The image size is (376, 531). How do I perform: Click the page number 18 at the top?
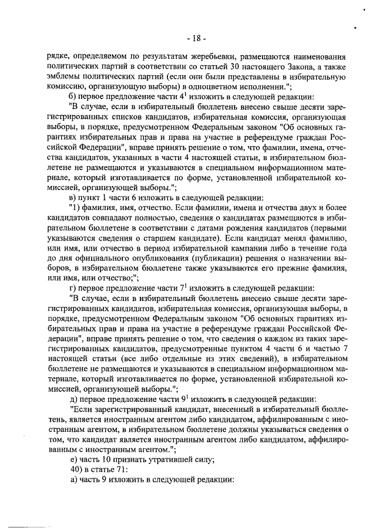coord(194,39)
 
